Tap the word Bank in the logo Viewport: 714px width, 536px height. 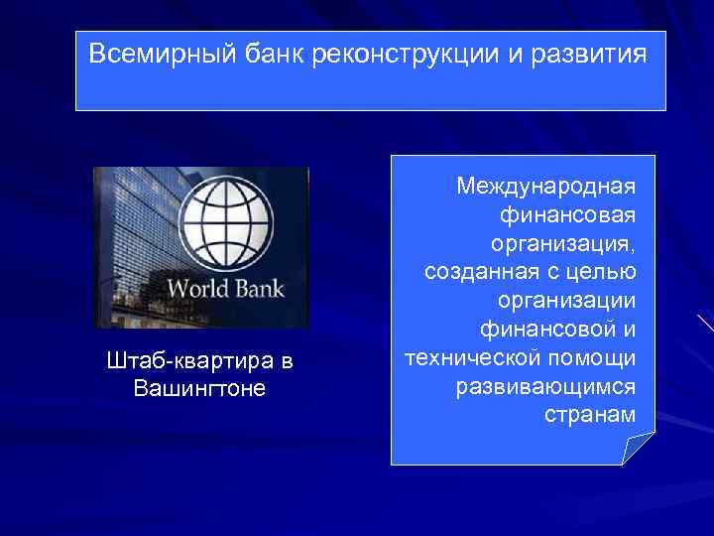[x=257, y=290]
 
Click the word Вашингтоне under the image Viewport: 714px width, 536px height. [x=200, y=388]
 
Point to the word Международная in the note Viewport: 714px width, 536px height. [x=545, y=186]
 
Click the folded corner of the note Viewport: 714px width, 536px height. [x=638, y=449]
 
